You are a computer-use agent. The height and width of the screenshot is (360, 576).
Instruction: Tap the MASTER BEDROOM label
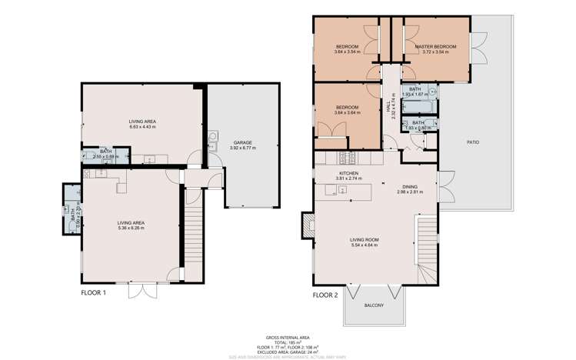[x=435, y=47]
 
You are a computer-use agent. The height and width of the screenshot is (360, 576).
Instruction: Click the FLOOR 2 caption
[x=326, y=294]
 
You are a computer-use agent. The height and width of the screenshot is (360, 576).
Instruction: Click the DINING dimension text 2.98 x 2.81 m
[x=409, y=192]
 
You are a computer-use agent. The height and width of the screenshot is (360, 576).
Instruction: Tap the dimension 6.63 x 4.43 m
[x=142, y=127]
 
